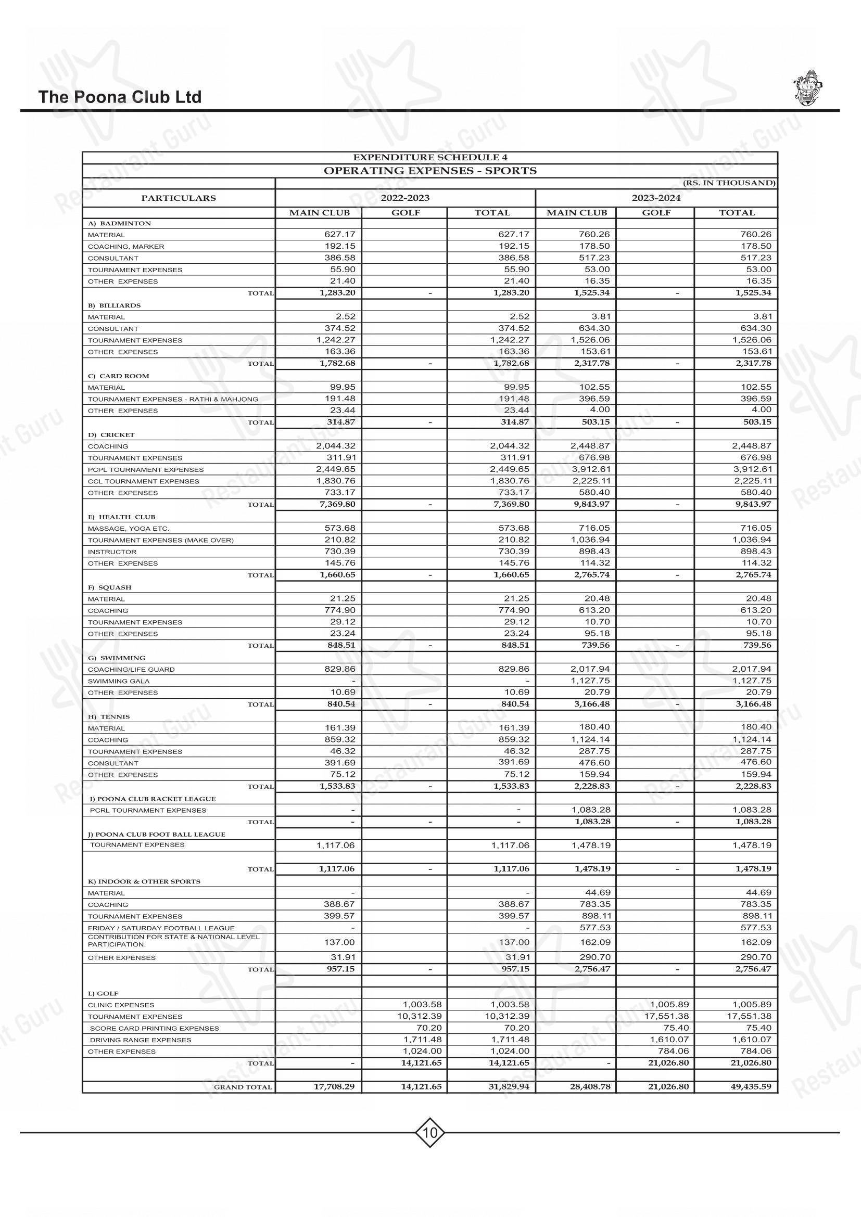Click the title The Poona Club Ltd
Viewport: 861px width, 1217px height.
tap(120, 97)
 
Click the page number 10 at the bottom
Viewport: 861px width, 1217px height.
tap(430, 1134)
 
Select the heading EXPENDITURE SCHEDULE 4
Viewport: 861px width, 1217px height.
tap(430, 158)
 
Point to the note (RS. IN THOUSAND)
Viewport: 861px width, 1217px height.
tap(729, 183)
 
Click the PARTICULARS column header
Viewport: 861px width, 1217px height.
tap(179, 198)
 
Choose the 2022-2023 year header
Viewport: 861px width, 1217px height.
tap(405, 198)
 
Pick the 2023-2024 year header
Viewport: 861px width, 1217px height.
tap(656, 198)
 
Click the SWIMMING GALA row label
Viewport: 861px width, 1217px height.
tap(119, 681)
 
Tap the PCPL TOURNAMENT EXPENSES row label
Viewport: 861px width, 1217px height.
tap(146, 470)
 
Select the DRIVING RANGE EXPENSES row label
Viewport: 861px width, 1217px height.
tap(140, 1040)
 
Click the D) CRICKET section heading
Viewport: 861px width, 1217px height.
tap(111, 434)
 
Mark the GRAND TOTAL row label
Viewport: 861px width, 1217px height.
tap(243, 1087)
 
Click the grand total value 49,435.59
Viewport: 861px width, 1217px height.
tap(749, 1086)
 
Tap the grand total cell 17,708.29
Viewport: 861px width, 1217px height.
tap(334, 1086)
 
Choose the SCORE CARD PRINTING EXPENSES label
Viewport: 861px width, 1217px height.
tap(154, 1028)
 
